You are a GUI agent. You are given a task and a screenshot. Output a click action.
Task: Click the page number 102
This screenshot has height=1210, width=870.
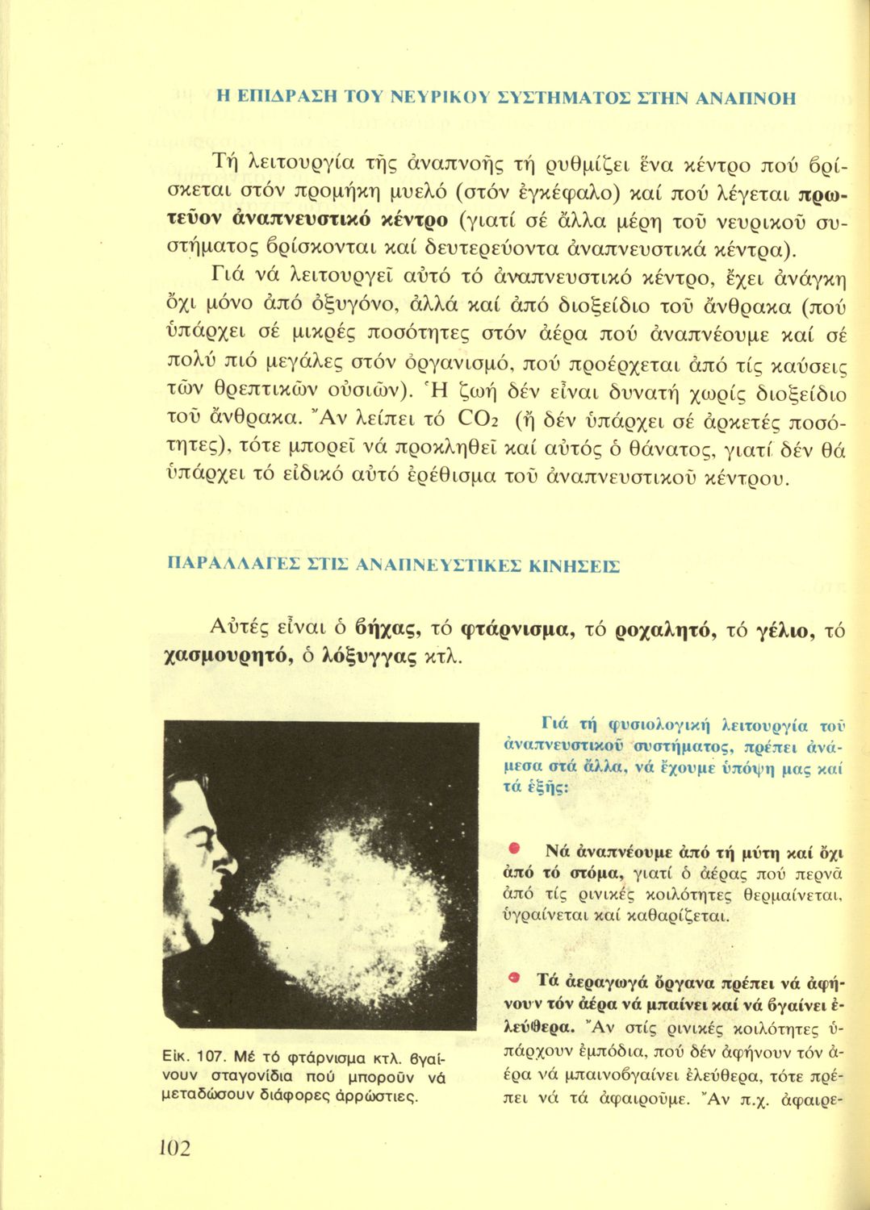tap(176, 1147)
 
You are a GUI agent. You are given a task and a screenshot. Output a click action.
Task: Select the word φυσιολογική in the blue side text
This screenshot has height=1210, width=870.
tap(651, 724)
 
